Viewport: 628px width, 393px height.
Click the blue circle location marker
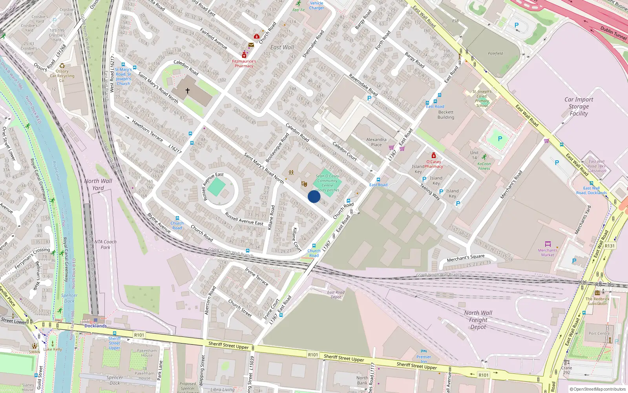314,196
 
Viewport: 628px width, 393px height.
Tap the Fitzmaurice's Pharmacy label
244,64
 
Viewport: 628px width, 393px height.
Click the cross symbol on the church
188,91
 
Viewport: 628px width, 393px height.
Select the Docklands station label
95,326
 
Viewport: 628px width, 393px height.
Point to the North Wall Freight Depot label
478,320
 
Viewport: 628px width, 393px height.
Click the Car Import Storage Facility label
579,107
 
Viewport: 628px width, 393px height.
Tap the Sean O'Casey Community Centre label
327,181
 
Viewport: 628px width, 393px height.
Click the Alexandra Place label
376,142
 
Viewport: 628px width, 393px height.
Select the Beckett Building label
446,115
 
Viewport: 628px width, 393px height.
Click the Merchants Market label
548,252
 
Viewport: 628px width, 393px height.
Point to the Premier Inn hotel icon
424,351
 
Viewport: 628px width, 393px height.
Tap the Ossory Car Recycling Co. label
62,76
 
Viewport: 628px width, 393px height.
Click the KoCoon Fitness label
484,166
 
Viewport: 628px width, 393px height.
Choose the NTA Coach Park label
105,244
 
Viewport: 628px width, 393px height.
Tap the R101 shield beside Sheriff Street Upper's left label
139,335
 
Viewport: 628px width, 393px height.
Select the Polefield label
495,53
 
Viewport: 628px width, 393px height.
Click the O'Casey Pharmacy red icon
433,155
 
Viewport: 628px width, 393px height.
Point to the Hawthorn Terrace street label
147,130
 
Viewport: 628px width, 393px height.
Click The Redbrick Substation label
597,301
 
